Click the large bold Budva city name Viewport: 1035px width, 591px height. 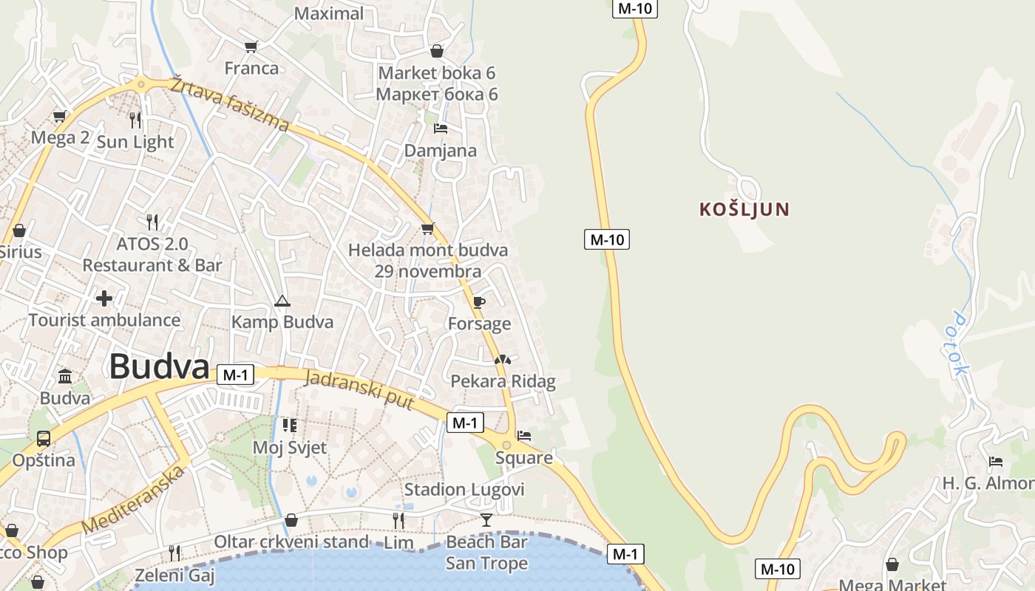point(159,366)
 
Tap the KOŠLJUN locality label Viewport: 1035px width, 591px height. point(744,210)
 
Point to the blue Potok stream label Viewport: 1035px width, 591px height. point(960,344)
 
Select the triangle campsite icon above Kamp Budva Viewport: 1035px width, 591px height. point(282,301)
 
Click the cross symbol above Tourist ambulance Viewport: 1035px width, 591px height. point(104,298)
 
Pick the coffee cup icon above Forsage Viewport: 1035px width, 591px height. point(479,302)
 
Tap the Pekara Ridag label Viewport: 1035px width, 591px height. point(503,381)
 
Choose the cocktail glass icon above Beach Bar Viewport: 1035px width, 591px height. point(486,520)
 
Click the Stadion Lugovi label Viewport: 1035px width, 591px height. point(464,490)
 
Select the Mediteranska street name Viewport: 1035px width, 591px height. point(133,500)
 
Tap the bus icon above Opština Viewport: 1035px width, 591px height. point(44,439)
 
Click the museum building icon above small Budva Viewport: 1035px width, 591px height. point(65,377)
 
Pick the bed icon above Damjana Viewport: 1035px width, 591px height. point(441,129)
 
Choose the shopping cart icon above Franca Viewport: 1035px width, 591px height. point(251,47)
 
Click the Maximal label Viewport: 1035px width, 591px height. point(329,13)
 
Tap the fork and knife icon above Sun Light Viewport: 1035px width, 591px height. point(135,120)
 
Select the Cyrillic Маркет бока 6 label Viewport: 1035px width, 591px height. point(437,95)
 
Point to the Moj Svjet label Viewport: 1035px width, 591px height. point(289,448)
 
